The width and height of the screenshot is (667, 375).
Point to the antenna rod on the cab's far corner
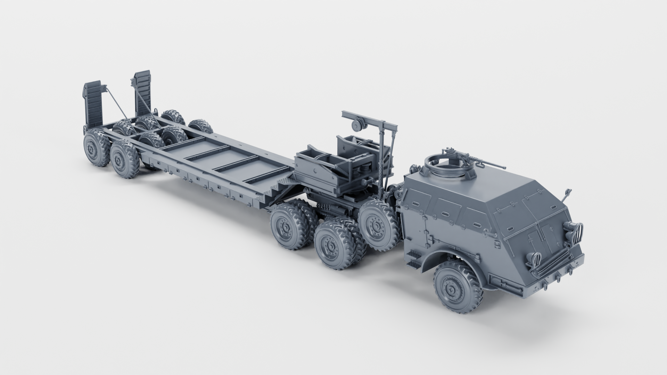click(x=567, y=195)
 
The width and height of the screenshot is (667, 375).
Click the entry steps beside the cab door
click(x=413, y=259)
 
